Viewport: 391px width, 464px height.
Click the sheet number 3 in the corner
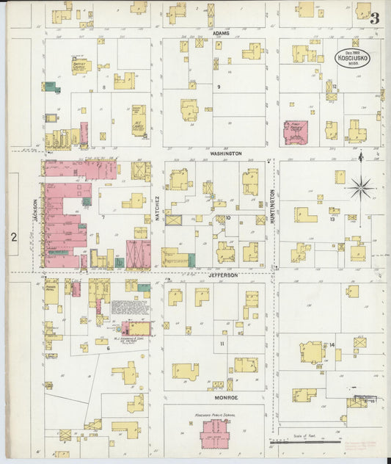[x=374, y=18]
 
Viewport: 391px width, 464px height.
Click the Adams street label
[x=221, y=33]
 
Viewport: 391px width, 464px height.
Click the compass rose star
[x=360, y=188]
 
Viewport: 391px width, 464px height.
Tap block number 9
[x=218, y=87]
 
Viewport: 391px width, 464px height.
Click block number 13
[x=332, y=218]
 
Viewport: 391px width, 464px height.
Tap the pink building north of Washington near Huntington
[x=296, y=133]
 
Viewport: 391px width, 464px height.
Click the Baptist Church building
[x=80, y=67]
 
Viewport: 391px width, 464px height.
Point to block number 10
[x=228, y=218]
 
